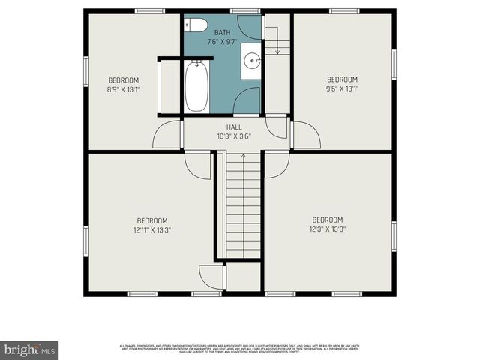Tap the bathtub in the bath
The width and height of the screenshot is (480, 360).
[196, 87]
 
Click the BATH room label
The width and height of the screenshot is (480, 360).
[223, 32]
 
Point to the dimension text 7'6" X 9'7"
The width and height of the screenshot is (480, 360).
[223, 42]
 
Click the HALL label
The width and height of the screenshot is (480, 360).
[234, 127]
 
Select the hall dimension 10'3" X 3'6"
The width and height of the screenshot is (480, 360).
[234, 136]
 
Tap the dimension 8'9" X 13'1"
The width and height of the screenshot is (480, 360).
[124, 89]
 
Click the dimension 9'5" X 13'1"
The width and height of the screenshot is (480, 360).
[342, 88]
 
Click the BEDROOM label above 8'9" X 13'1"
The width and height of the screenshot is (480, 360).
[124, 80]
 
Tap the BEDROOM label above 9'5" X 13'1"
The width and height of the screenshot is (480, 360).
[342, 79]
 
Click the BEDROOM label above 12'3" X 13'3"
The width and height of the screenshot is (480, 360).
[327, 219]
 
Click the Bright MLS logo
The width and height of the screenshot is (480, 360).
[29, 349]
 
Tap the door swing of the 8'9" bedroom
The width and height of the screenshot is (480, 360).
[166, 135]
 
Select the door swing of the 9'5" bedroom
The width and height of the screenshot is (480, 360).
[306, 135]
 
